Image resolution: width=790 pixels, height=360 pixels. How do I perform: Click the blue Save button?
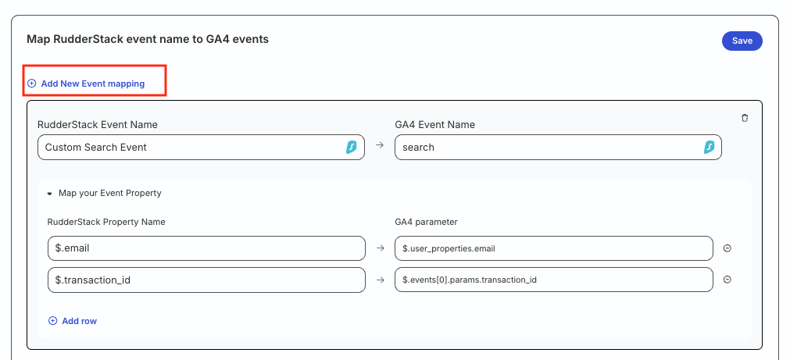[742, 41]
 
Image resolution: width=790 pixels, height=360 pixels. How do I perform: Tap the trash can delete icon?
[745, 118]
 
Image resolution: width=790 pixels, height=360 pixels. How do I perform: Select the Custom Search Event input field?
[201, 147]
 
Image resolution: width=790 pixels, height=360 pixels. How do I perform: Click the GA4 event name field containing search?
[558, 147]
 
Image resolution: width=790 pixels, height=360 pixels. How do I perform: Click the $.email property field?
[206, 248]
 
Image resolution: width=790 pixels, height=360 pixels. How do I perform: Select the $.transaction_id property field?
[206, 280]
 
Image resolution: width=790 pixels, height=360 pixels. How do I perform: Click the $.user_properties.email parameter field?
[554, 248]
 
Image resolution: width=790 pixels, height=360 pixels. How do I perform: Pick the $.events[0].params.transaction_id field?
[554, 280]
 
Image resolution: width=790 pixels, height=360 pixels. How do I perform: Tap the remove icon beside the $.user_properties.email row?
[727, 248]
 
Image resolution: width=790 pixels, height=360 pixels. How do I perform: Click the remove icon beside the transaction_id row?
[727, 280]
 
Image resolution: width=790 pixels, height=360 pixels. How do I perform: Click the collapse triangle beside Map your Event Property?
[49, 193]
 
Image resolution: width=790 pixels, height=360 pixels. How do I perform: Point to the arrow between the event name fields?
[380, 145]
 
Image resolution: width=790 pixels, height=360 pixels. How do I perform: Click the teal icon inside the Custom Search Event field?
[351, 147]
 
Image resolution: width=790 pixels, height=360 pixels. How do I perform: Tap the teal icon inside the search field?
[709, 147]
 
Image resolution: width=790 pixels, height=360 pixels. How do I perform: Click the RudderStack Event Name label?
[98, 124]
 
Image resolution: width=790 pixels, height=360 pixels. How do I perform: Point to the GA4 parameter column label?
[426, 222]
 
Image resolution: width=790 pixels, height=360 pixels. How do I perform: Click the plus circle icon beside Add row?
[52, 321]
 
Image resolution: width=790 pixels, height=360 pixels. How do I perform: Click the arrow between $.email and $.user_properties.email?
[381, 248]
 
